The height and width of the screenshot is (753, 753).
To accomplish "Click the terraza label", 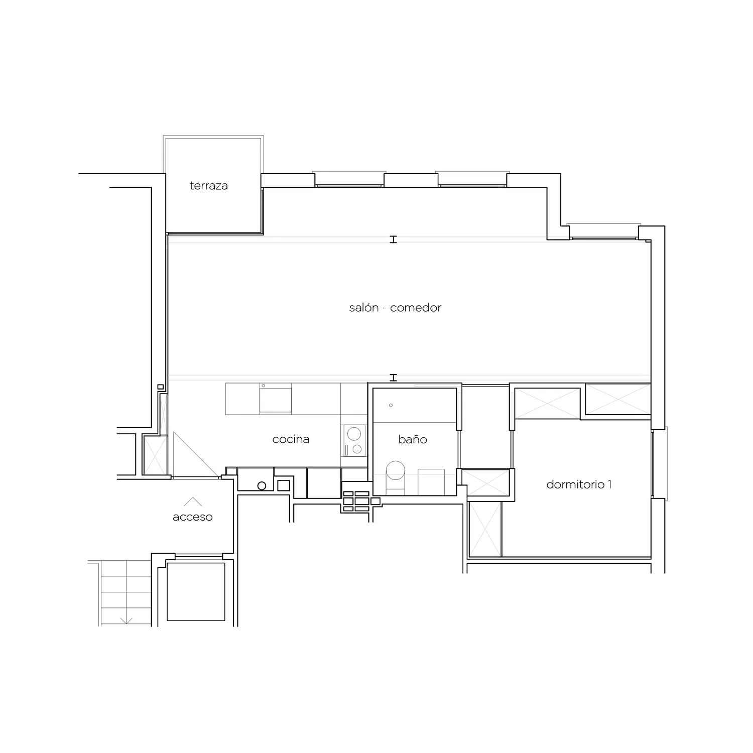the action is coord(209,186).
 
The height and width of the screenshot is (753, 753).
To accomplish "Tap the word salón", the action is coord(363,307).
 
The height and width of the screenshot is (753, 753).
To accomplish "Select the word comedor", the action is coord(416,308).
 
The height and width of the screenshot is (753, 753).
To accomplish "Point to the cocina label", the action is coord(291,439).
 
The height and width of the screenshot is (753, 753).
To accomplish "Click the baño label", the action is coord(413,439).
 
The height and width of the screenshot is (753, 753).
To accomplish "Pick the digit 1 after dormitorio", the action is coord(609,484).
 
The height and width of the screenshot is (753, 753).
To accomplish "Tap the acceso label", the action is coord(193,517).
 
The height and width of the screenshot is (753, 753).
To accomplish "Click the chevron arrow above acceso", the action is coord(193,501).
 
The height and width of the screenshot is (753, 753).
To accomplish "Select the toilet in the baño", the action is coord(396,474).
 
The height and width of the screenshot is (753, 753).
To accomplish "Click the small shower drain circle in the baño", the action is coord(391,405).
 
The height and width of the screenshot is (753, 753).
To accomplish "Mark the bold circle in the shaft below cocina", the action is coord(262,485).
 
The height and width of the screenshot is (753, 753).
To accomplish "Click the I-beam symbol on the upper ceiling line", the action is coord(394,239).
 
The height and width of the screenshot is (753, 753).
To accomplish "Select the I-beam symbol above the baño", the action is coord(394,378).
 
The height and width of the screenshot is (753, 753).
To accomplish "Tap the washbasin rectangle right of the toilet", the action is coord(431,481).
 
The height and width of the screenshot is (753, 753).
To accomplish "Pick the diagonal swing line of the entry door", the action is coord(196,454).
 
